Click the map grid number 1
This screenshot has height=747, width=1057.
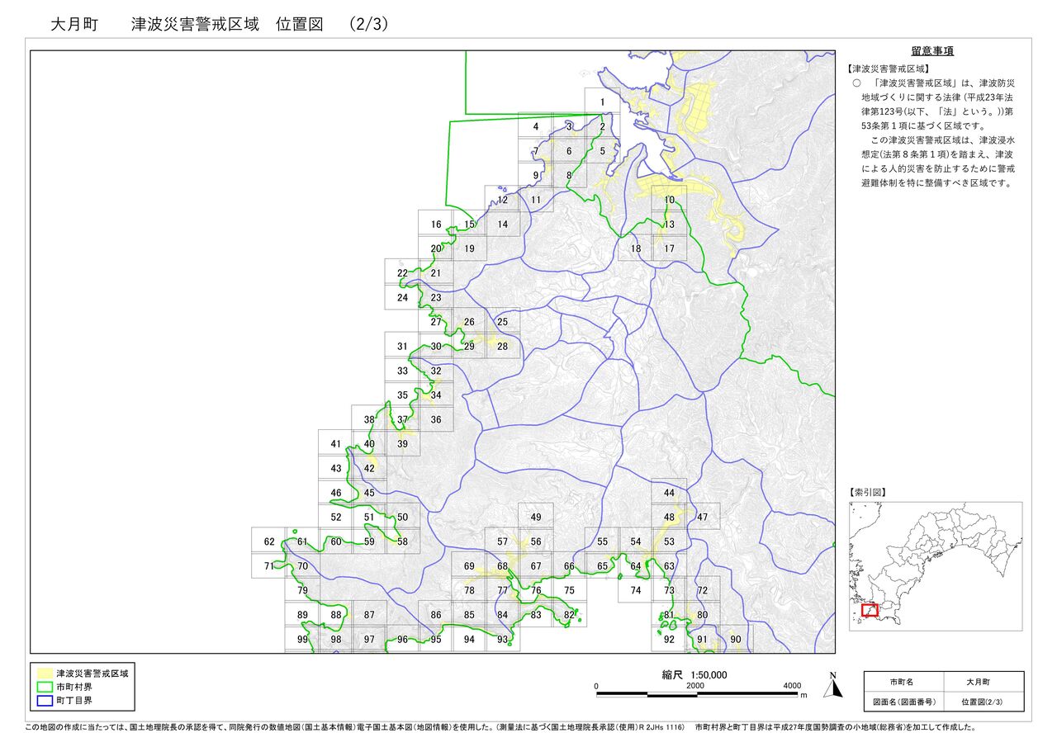tap(603, 103)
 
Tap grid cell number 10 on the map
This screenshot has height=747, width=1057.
tap(669, 200)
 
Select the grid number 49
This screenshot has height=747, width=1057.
tap(536, 518)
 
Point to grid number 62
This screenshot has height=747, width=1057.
tap(269, 542)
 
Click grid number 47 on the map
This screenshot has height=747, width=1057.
tap(703, 518)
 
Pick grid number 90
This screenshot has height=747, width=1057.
tap(736, 640)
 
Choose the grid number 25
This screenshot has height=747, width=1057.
tap(502, 322)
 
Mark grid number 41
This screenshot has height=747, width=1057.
tap(335, 444)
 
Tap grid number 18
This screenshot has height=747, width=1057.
tap(636, 248)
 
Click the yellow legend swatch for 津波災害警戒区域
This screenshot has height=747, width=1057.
tap(45, 674)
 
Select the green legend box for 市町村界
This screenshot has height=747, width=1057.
tap(45, 687)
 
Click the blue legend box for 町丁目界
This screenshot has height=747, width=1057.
tap(45, 700)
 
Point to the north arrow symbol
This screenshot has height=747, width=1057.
tap(833, 684)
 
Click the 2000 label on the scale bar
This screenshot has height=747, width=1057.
tap(694, 686)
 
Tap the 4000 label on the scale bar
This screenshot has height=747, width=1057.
tap(792, 686)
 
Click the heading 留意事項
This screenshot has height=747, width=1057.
tap(932, 51)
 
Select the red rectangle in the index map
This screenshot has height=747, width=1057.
tap(870, 610)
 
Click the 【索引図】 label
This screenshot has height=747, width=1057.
tap(867, 492)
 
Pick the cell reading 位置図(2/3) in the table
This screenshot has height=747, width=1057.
tap(981, 702)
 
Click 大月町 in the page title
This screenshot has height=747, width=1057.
tap(74, 25)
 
